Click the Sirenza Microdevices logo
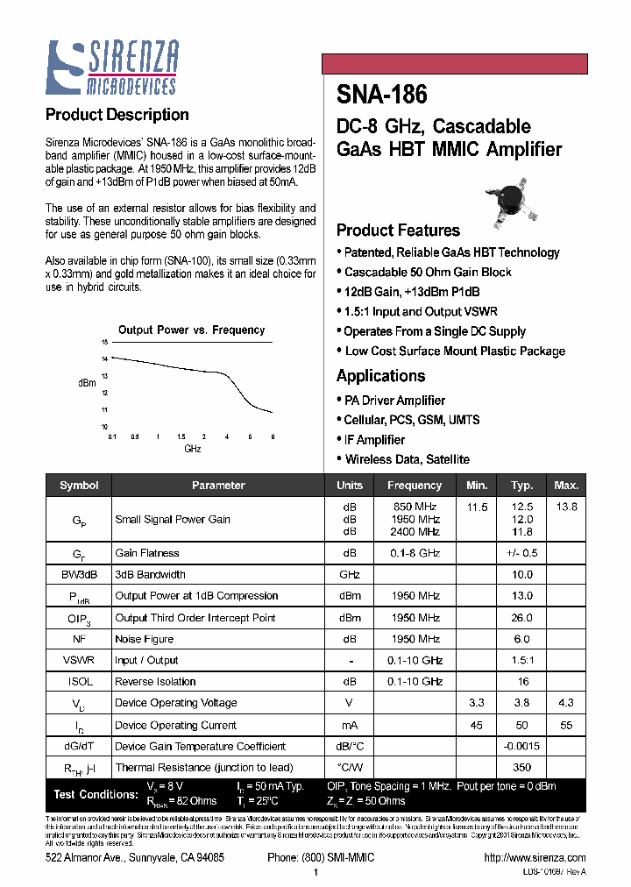112,67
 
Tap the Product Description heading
117,115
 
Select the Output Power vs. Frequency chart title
191,330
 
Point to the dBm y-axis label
87,383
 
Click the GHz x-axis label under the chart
193,449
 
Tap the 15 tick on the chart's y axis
103,342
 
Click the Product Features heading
398,231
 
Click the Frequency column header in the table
415,486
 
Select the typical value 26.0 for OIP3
521,618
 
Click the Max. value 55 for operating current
566,725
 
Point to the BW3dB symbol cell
78,575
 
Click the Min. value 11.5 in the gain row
477,507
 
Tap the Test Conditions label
96,794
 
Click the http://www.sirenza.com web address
534,857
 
